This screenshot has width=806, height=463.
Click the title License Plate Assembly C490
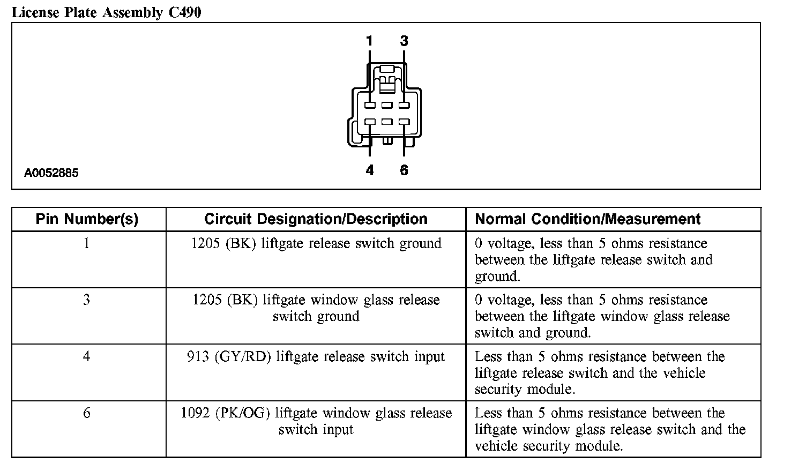pyautogui.click(x=107, y=12)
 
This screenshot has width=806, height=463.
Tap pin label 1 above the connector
pyautogui.click(x=369, y=41)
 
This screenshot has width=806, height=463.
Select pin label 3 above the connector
pyautogui.click(x=404, y=41)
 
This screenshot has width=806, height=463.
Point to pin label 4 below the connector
pyautogui.click(x=369, y=170)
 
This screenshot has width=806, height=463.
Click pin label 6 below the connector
pyautogui.click(x=404, y=170)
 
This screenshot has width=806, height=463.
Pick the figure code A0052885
pyautogui.click(x=51, y=173)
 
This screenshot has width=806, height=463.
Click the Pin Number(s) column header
pyautogui.click(x=87, y=219)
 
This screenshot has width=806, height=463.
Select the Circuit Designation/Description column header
pyautogui.click(x=316, y=219)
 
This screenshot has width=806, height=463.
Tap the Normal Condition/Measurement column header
pyautogui.click(x=587, y=219)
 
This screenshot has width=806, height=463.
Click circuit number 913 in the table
pyautogui.click(x=198, y=357)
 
